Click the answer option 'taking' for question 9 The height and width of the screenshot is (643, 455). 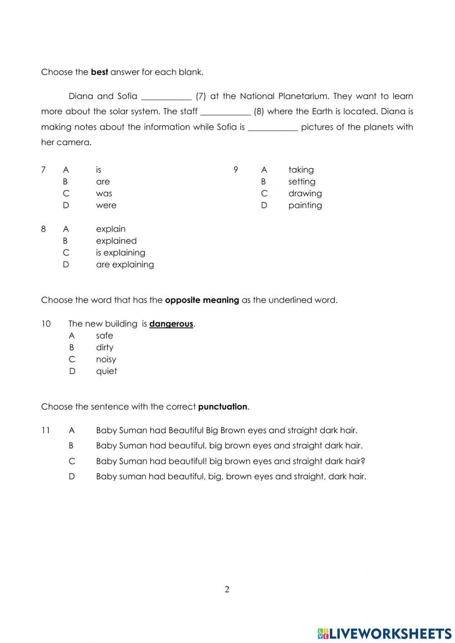point(301,170)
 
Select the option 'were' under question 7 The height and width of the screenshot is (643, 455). point(106,205)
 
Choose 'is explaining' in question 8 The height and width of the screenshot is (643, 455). point(121,253)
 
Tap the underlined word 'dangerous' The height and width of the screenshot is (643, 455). point(171,324)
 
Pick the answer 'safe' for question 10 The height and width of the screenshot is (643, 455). point(104,335)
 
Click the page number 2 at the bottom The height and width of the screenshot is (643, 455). point(227,589)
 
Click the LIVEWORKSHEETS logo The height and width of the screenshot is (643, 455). point(384,633)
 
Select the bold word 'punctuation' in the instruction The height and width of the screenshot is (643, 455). point(222,407)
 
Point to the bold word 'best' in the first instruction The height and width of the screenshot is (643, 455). point(99,72)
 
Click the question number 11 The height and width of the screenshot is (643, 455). point(45,430)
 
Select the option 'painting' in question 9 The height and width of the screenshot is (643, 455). point(305,205)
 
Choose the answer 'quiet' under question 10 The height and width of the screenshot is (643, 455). point(106,371)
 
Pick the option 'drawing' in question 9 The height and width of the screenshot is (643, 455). point(305,193)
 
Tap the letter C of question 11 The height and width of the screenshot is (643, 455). point(72,461)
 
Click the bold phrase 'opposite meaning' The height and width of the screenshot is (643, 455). point(202,300)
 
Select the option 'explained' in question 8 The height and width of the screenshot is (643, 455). point(116,241)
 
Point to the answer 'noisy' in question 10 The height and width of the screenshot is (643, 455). point(106,359)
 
